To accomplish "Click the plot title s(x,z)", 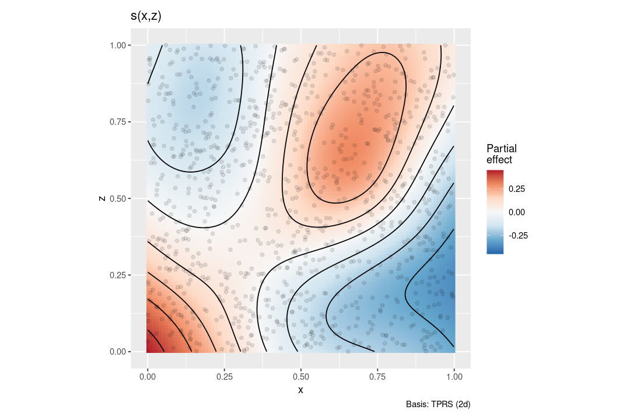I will [x=146, y=17].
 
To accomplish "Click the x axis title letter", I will [x=300, y=390].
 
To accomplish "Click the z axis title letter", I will [x=103, y=198].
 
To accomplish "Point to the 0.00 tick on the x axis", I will [x=147, y=377].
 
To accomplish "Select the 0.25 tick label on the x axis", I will [x=224, y=377].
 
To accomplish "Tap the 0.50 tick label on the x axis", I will [x=300, y=377].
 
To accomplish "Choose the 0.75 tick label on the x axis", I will [x=377, y=377].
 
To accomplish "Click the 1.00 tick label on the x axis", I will [x=454, y=377].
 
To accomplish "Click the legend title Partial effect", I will [x=501, y=153].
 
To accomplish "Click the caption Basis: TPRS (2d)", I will [x=437, y=404].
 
